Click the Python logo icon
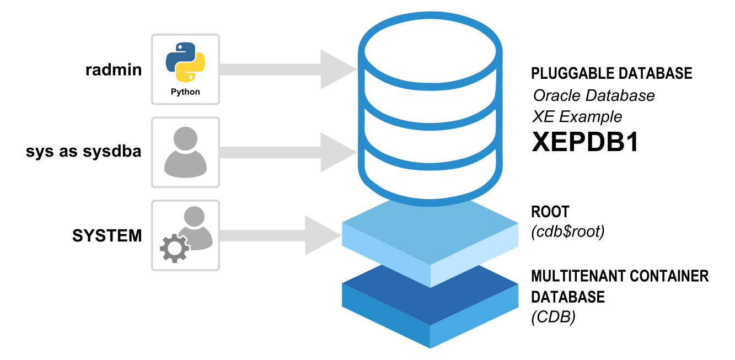click(x=185, y=62)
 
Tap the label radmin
click(x=113, y=70)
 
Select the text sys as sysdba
click(x=83, y=152)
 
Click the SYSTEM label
click(x=107, y=236)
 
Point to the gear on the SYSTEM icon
click(x=174, y=250)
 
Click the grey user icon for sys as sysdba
click(x=185, y=150)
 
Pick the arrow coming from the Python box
click(x=287, y=69)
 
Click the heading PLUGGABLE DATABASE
click(x=611, y=73)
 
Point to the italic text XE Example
click(x=577, y=117)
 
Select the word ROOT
click(x=550, y=212)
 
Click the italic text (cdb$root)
click(x=567, y=232)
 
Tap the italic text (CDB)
click(x=553, y=318)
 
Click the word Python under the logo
click(x=185, y=92)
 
